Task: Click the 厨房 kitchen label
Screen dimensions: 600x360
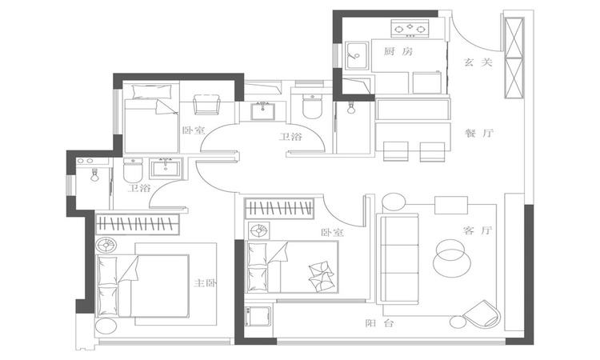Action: click(x=398, y=51)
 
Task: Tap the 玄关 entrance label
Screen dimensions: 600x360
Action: click(x=478, y=62)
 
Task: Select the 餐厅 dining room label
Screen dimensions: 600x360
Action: click(x=479, y=134)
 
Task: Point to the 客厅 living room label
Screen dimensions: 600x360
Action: click(x=477, y=230)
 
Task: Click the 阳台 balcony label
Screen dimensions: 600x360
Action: click(x=379, y=323)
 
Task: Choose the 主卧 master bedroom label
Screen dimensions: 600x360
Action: click(x=205, y=283)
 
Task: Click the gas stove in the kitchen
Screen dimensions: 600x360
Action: click(x=410, y=28)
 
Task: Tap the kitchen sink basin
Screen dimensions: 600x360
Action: click(x=357, y=56)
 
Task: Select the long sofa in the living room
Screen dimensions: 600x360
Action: click(x=398, y=259)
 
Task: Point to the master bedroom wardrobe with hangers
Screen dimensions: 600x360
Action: click(x=138, y=224)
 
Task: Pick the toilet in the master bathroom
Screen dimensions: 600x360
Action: click(x=133, y=170)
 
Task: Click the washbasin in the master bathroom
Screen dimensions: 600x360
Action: click(x=166, y=168)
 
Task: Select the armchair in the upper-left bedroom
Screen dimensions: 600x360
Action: click(x=206, y=105)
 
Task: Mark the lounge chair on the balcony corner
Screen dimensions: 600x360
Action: click(x=482, y=314)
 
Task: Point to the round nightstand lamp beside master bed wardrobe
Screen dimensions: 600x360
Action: click(x=106, y=246)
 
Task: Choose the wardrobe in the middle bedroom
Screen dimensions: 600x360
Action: click(x=279, y=209)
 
